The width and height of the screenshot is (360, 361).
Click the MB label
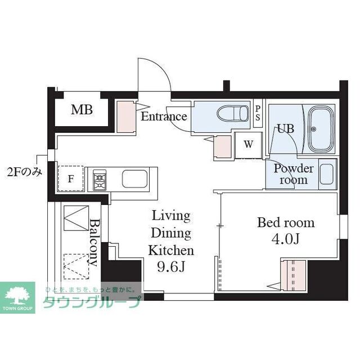[82, 110]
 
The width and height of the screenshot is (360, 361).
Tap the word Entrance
[164, 116]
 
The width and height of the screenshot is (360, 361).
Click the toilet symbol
[233, 113]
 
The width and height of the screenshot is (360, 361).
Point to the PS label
[258, 113]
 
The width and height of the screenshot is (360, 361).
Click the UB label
[285, 128]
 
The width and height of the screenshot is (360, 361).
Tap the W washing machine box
[249, 145]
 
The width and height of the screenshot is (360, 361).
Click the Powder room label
[294, 174]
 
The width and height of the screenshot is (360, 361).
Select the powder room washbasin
[326, 174]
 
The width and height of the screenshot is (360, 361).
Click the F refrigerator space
[70, 179]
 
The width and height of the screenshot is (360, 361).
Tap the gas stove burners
[100, 180]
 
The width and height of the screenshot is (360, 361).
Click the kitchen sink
[134, 179]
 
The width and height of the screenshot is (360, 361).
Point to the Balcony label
[94, 243]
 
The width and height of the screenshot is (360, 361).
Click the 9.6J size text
[171, 267]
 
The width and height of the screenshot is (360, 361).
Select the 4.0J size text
[286, 239]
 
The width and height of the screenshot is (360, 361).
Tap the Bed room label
[286, 222]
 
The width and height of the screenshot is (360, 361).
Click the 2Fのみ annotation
[25, 172]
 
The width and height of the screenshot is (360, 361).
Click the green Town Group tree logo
[17, 297]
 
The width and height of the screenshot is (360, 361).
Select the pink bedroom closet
[293, 275]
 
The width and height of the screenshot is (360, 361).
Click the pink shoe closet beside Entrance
[126, 117]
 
